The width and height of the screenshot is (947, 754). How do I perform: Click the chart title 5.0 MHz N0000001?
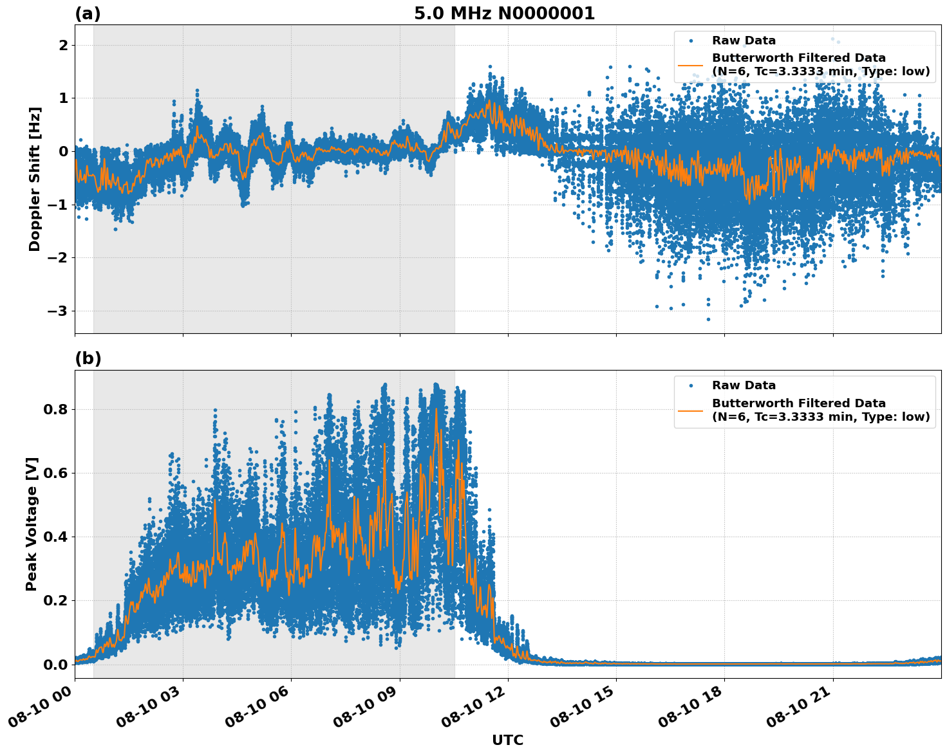coord(504,14)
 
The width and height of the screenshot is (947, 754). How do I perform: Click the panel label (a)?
coord(88,14)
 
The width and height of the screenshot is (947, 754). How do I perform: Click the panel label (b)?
coord(88,358)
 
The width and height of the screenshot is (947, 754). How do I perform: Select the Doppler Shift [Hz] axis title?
coord(35,179)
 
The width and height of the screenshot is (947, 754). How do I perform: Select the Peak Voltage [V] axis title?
coord(32,524)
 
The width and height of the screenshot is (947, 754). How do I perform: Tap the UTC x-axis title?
coord(507,740)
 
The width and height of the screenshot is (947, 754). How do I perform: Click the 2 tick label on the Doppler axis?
coord(63,45)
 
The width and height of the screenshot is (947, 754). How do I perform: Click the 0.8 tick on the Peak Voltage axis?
coord(55,409)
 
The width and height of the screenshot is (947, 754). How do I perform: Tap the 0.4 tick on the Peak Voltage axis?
coord(55,537)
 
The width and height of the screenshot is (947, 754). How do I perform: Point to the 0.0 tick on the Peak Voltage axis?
coord(55,665)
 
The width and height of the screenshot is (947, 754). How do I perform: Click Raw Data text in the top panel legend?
coord(744,41)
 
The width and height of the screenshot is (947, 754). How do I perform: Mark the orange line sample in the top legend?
coord(691,65)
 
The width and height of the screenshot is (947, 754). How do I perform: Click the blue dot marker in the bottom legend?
coord(691,385)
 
